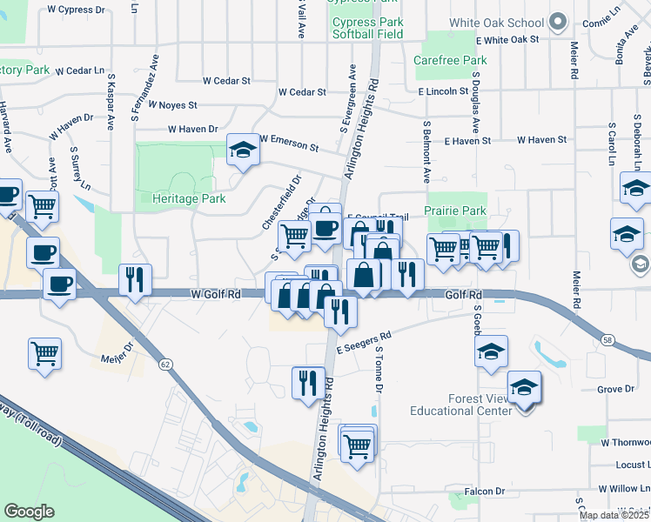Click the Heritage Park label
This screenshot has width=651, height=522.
189,199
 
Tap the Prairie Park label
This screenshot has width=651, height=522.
454,211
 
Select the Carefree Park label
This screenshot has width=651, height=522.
450,61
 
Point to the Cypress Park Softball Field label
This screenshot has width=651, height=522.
367,28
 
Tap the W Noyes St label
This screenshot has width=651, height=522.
172,104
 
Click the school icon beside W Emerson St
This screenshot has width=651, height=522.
243,150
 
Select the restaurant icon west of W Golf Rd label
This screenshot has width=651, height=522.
134,279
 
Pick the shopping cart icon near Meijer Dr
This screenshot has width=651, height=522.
44,353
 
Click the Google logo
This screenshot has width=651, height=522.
29,511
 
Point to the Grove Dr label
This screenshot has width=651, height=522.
616,389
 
